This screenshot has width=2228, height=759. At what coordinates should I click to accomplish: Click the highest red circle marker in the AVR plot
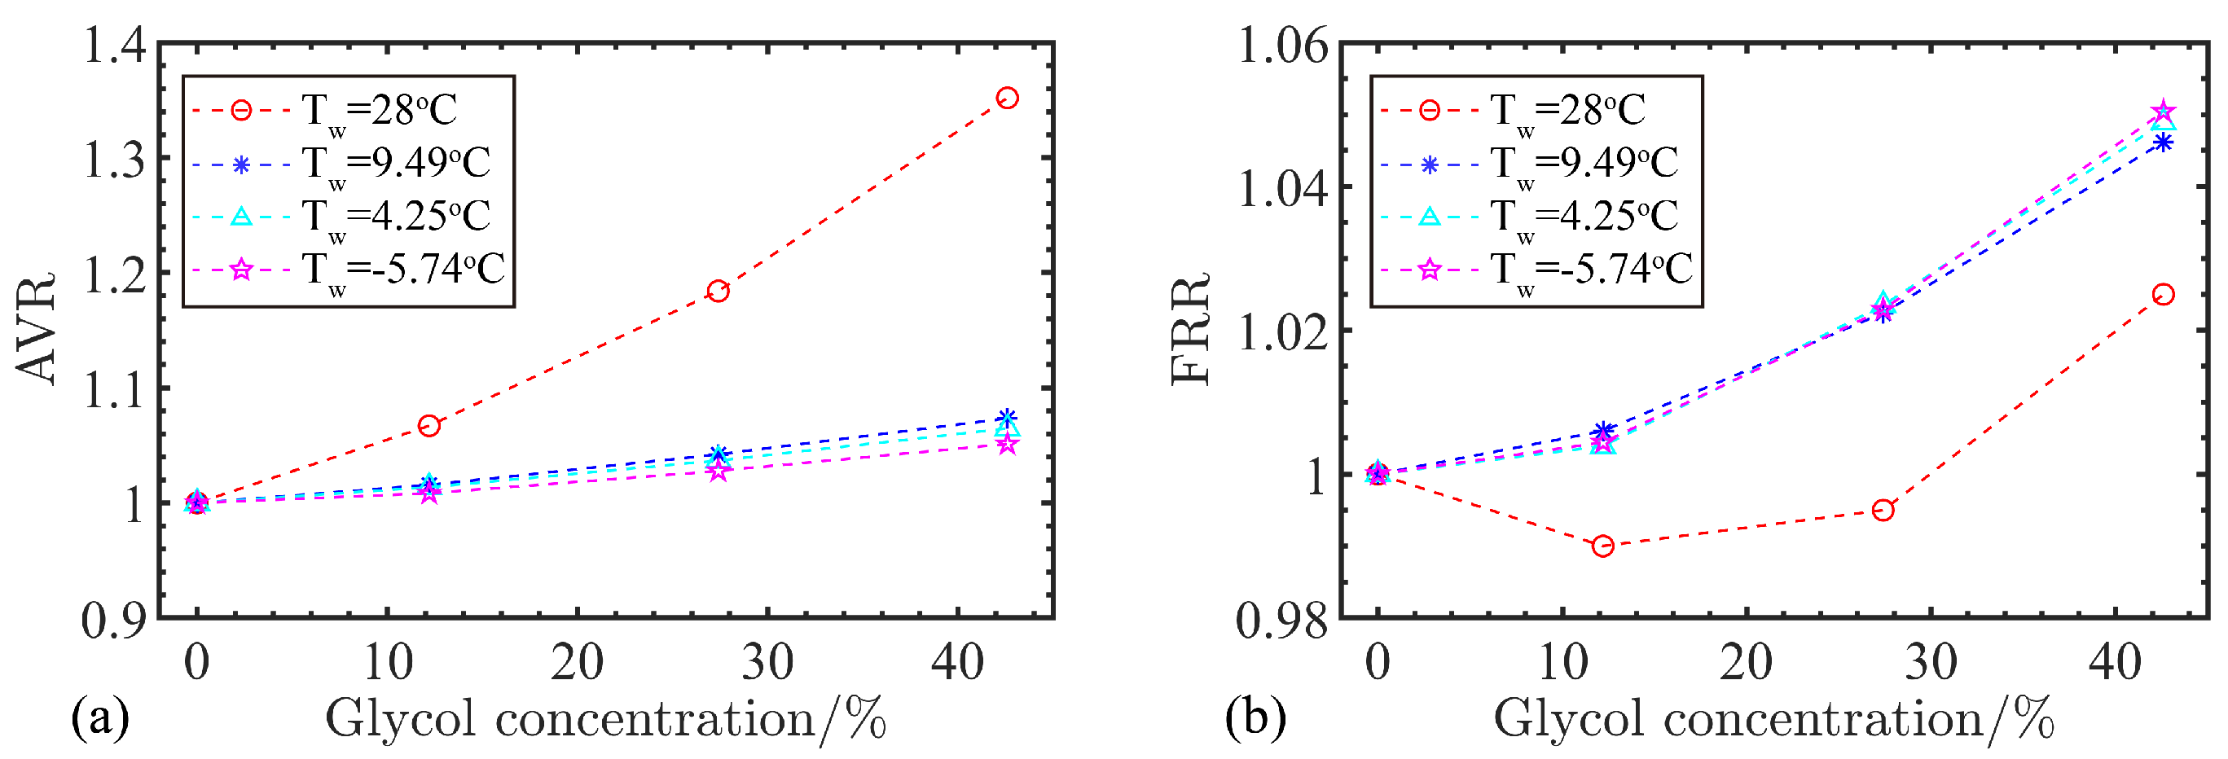[x=1007, y=98]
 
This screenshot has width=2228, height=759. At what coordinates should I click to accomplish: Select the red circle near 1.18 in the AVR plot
[x=717, y=292]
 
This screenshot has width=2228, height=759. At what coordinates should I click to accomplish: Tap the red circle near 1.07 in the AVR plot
[x=429, y=425]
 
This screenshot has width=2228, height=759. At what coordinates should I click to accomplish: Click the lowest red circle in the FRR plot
[x=1602, y=546]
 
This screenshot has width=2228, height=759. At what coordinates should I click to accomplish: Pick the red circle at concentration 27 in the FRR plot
[x=1883, y=510]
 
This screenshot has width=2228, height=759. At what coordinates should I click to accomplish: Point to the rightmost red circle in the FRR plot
[x=2163, y=295]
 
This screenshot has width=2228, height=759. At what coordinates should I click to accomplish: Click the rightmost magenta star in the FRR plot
[x=2163, y=112]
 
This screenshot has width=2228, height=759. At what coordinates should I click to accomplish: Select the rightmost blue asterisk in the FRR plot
[x=2163, y=143]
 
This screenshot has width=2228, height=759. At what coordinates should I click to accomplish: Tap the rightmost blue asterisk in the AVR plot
[x=1007, y=419]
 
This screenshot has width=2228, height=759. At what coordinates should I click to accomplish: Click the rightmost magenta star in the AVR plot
[x=1007, y=445]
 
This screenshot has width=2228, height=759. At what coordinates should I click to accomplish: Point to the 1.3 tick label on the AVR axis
[x=114, y=160]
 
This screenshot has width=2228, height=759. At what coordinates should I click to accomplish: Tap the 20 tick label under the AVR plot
[x=577, y=663]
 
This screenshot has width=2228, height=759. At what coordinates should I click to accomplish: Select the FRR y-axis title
[x=1190, y=328]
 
